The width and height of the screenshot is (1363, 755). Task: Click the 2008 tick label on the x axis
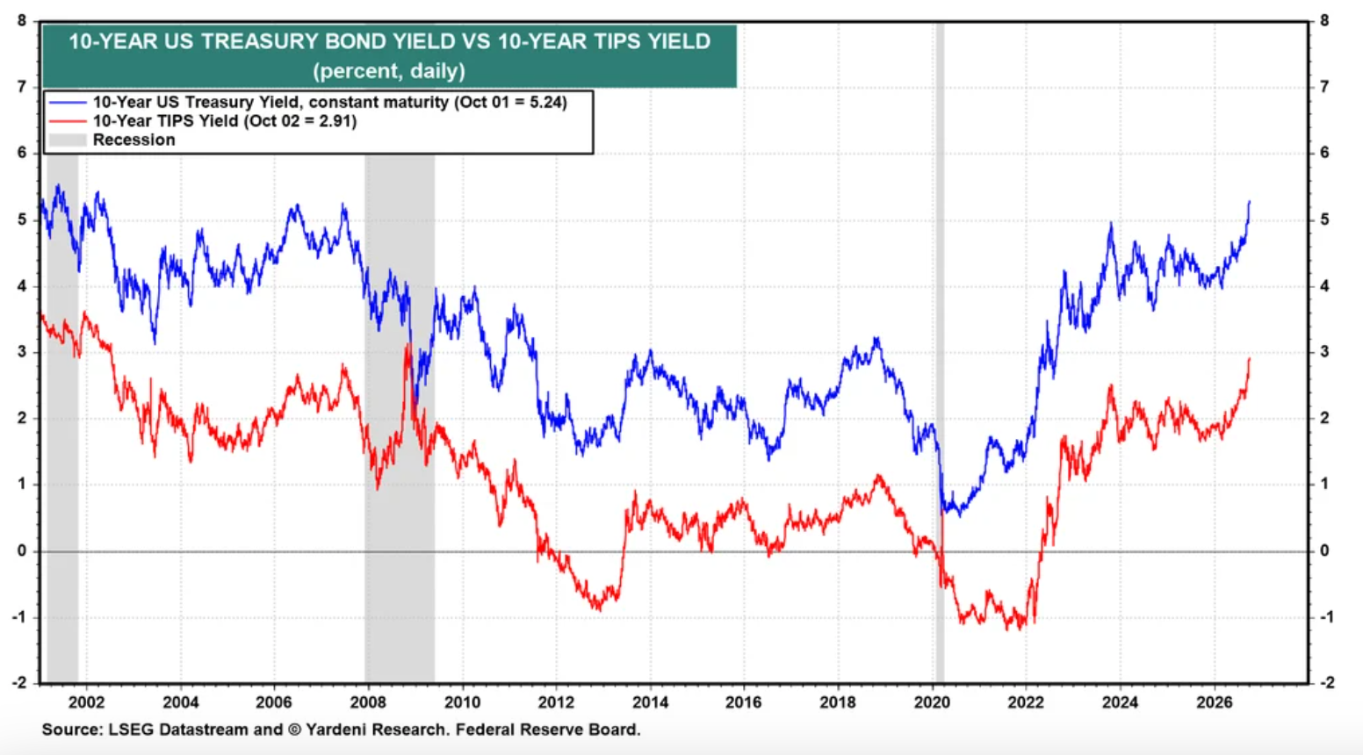pos(367,702)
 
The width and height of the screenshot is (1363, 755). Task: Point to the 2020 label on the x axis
pos(932,702)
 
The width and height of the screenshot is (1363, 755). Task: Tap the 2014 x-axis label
pos(650,702)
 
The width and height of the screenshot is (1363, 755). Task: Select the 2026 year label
pos(1214,702)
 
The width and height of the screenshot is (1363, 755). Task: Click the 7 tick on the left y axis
pos(22,87)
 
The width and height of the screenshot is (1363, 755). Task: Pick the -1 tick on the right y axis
pos(1326,617)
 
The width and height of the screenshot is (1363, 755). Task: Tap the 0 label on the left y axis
pos(22,550)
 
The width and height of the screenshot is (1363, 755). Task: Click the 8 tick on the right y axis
pos(1324,21)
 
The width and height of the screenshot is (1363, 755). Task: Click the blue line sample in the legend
pos(68,102)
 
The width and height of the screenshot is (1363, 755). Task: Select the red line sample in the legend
pos(68,121)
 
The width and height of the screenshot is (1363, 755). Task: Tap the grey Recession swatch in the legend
pos(68,140)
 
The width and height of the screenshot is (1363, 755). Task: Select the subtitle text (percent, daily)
pos(389,71)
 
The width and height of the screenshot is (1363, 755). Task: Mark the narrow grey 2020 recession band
pos(940,353)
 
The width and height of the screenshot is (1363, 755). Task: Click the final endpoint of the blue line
pos(1249,201)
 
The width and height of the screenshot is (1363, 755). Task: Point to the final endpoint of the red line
pos(1249,358)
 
